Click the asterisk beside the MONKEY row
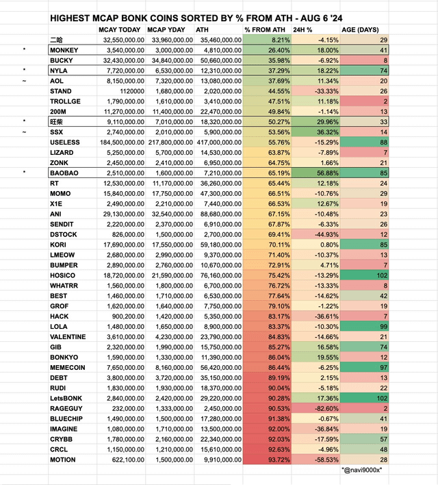tap(25, 51)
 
